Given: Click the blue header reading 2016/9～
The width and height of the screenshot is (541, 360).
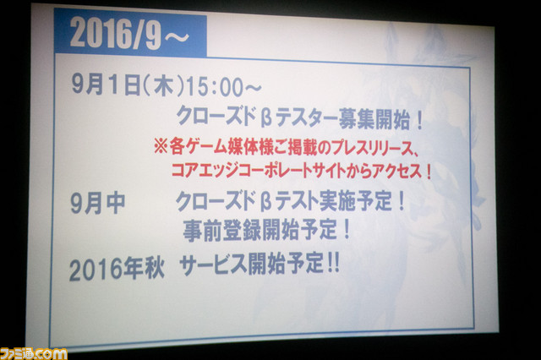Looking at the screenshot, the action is click(x=130, y=35).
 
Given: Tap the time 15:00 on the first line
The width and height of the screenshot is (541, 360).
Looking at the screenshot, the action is click(x=215, y=87).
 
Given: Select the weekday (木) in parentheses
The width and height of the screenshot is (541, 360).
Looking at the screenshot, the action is click(x=163, y=86).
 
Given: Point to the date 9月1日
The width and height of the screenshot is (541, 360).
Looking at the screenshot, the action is click(x=106, y=85).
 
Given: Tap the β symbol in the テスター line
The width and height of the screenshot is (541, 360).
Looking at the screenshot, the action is click(x=266, y=118).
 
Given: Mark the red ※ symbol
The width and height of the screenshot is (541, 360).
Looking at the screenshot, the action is click(x=160, y=146).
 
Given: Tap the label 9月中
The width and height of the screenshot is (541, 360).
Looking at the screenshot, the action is click(x=98, y=203).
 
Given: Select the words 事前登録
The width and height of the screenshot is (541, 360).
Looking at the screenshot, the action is click(x=222, y=230).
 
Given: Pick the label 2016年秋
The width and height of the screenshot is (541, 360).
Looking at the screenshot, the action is click(x=117, y=269).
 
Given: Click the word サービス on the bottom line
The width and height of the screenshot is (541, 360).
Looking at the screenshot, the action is click(x=213, y=265).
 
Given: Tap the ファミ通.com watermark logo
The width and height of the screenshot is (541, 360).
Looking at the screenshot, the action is click(x=34, y=353).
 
